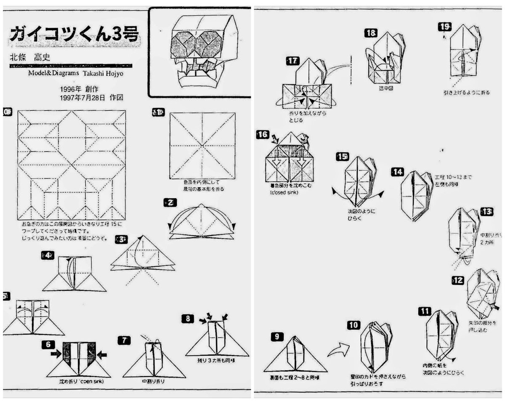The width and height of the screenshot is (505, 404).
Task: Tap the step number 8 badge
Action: point(188,319)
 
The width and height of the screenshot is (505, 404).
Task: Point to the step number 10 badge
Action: point(354,325)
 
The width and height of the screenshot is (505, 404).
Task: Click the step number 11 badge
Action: point(425,311)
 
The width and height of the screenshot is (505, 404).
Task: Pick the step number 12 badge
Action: point(458,280)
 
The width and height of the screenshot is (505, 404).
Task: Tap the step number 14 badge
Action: point(398,172)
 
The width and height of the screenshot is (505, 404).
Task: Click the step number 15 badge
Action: point(342,157)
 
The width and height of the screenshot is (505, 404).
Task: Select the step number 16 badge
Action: point(262,135)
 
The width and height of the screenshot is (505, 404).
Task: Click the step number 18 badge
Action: point(371,33)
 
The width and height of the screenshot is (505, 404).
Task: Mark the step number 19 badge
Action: point(444,27)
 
